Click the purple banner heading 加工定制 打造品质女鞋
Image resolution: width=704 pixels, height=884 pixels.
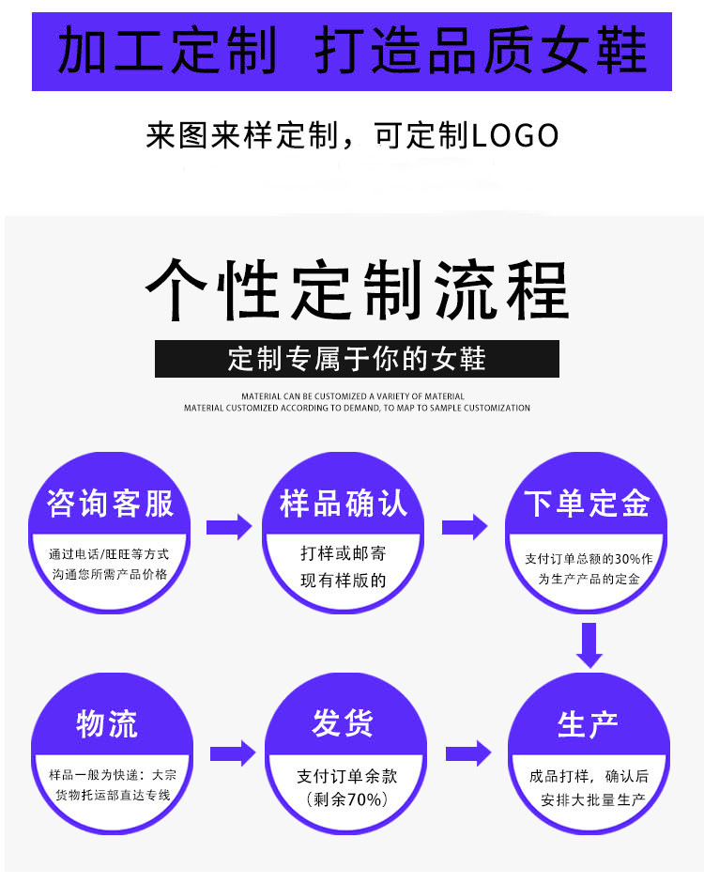coord(352,51)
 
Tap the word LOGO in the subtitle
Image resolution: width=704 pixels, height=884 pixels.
coord(513,136)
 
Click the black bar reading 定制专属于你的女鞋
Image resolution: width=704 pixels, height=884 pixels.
coord(357,359)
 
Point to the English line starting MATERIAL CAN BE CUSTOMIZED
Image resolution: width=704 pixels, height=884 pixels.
coord(353,396)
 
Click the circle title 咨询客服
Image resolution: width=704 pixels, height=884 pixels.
coord(111,504)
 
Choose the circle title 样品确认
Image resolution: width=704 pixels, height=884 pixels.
coord(344,504)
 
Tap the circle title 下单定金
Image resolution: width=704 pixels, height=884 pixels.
coord(587,504)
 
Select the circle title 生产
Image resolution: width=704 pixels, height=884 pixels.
coord(587,724)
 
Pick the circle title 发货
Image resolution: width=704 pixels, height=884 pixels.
coord(344,724)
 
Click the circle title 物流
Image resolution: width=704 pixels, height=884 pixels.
coord(107,724)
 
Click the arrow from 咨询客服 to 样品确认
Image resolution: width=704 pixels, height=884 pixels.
coord(229,527)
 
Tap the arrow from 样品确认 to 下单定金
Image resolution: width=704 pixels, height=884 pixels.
coord(465,527)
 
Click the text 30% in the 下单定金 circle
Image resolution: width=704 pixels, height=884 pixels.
coord(628,558)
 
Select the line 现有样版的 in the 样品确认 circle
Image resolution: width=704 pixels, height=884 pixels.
coord(344,580)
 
